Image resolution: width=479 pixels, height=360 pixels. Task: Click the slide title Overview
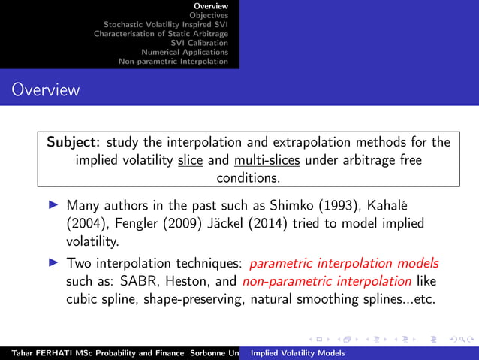point(45,91)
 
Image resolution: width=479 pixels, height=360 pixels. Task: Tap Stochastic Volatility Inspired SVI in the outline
point(165,24)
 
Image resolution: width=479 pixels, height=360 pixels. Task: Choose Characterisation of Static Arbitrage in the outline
point(161,33)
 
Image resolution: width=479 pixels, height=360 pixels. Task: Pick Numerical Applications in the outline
point(184,52)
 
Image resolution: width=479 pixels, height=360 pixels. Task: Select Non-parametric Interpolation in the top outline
point(173,62)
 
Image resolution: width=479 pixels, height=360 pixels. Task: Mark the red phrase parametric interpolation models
point(344,264)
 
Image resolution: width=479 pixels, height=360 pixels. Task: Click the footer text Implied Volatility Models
point(297,352)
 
